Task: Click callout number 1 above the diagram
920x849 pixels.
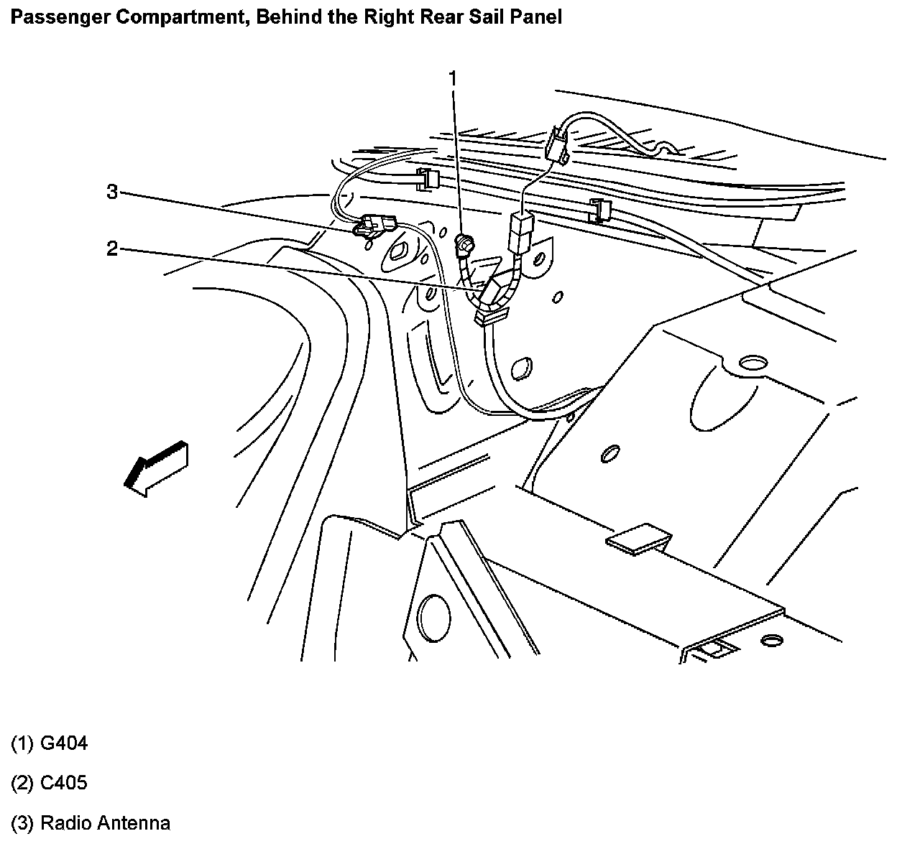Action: (x=453, y=78)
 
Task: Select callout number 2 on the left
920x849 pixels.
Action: (x=111, y=249)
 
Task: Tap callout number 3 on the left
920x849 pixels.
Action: (x=111, y=192)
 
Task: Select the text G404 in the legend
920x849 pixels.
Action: (x=64, y=743)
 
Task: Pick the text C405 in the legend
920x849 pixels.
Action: (x=64, y=782)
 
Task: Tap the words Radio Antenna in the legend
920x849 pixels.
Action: (x=105, y=822)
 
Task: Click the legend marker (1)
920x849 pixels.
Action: (x=22, y=743)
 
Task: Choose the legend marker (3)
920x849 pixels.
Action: (x=22, y=822)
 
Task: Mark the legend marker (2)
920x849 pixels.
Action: (x=22, y=782)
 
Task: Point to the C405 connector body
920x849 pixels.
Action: (x=496, y=291)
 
